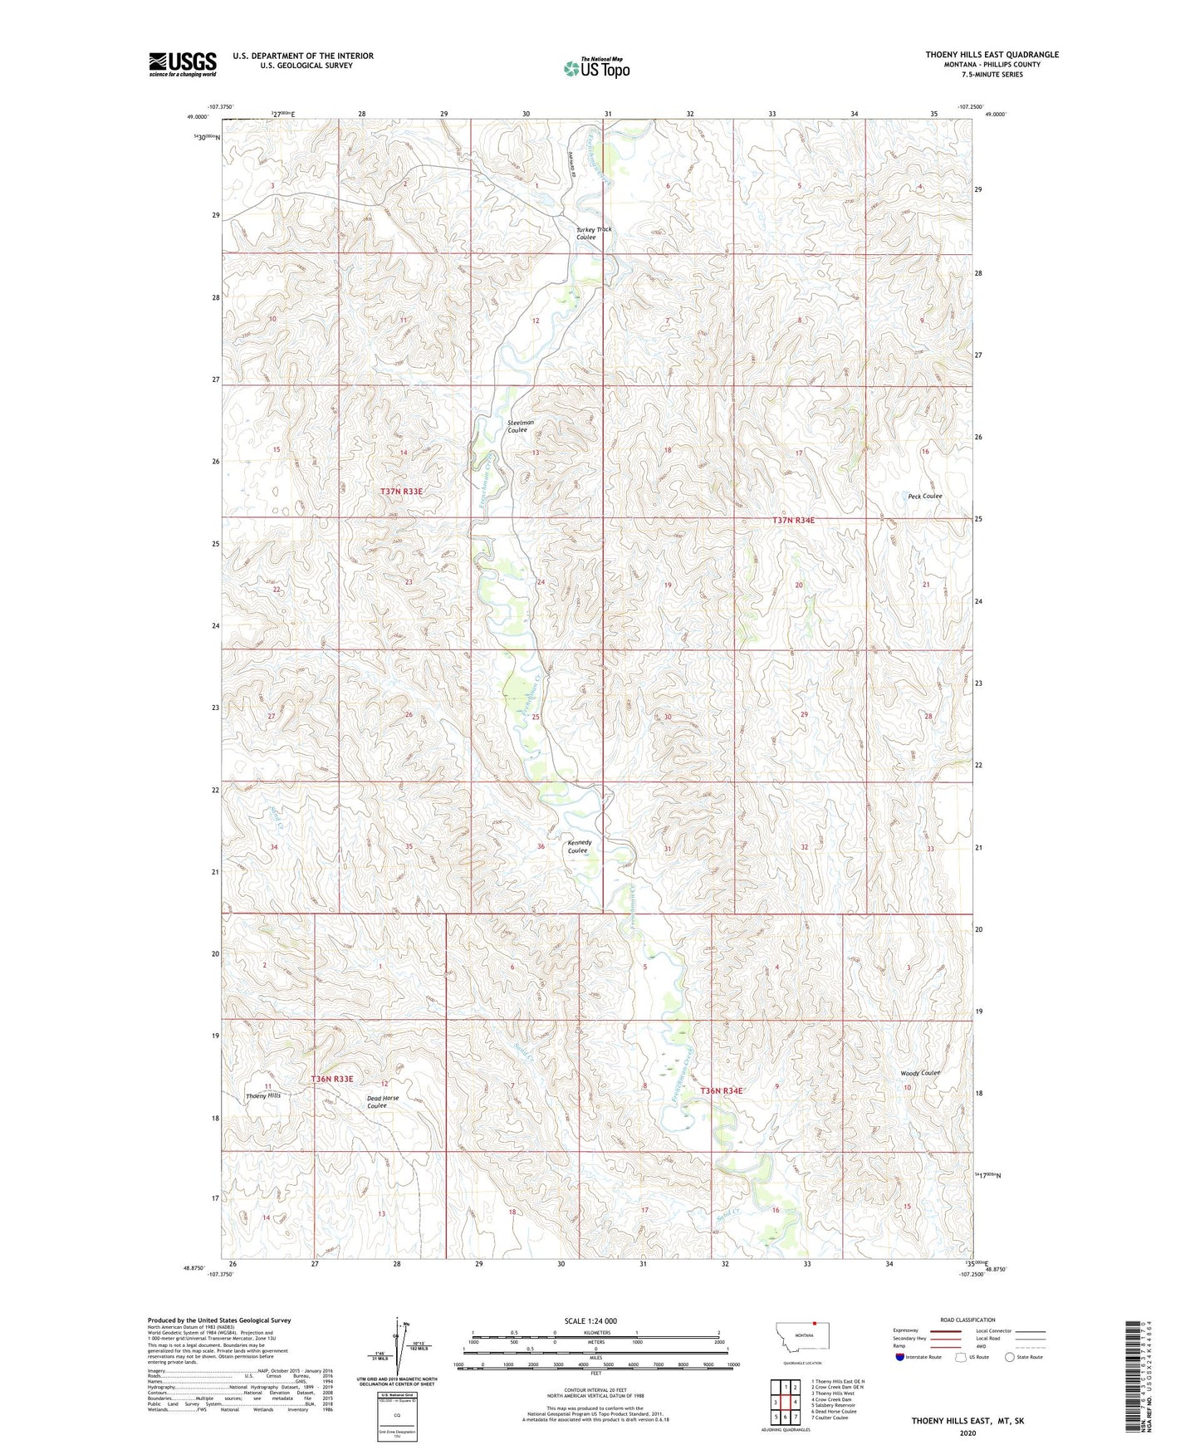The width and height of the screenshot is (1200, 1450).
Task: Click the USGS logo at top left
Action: [x=183, y=64]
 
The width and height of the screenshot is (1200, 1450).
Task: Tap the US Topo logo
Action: [x=596, y=68]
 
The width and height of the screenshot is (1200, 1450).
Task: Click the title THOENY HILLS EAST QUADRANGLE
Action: [x=992, y=55]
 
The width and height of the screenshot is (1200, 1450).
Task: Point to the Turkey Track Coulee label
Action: [x=594, y=233]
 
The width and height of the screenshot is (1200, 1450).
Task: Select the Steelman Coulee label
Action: [x=521, y=426]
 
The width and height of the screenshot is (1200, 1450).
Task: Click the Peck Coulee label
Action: [x=923, y=496]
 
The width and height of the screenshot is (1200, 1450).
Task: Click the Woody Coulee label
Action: [x=920, y=1073]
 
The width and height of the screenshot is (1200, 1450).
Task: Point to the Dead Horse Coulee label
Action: [x=383, y=1101]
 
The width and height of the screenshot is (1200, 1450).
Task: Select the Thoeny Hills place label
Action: [x=263, y=1095]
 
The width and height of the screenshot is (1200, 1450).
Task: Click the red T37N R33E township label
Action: [x=402, y=492]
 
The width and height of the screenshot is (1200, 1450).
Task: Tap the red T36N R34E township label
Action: [x=721, y=1090]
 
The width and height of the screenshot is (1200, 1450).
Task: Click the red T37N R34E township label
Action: [x=794, y=520]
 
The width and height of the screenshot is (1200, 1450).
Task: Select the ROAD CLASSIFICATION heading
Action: [x=967, y=1320]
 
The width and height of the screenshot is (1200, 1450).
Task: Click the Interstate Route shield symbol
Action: [x=900, y=1357]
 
